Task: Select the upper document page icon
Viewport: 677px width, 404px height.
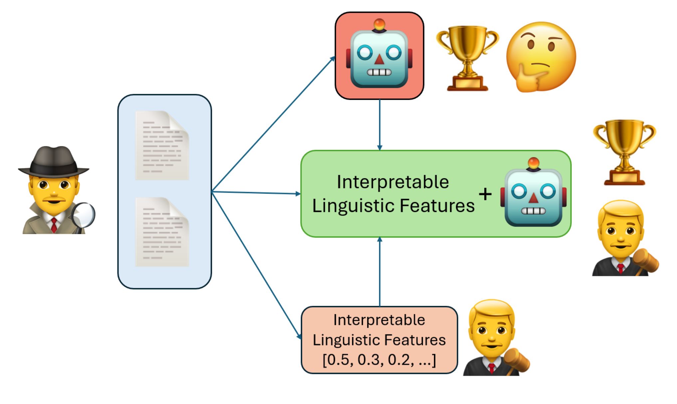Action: [162, 145]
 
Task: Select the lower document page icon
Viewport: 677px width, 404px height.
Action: [162, 232]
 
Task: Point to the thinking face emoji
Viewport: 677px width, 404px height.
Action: [541, 57]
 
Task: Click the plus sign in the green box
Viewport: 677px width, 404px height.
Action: [485, 194]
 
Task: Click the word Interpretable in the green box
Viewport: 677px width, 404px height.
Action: [393, 182]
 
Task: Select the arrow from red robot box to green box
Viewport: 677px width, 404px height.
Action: [379, 125]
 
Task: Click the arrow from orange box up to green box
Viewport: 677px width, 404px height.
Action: [379, 272]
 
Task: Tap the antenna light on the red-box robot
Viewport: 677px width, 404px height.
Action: [379, 24]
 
